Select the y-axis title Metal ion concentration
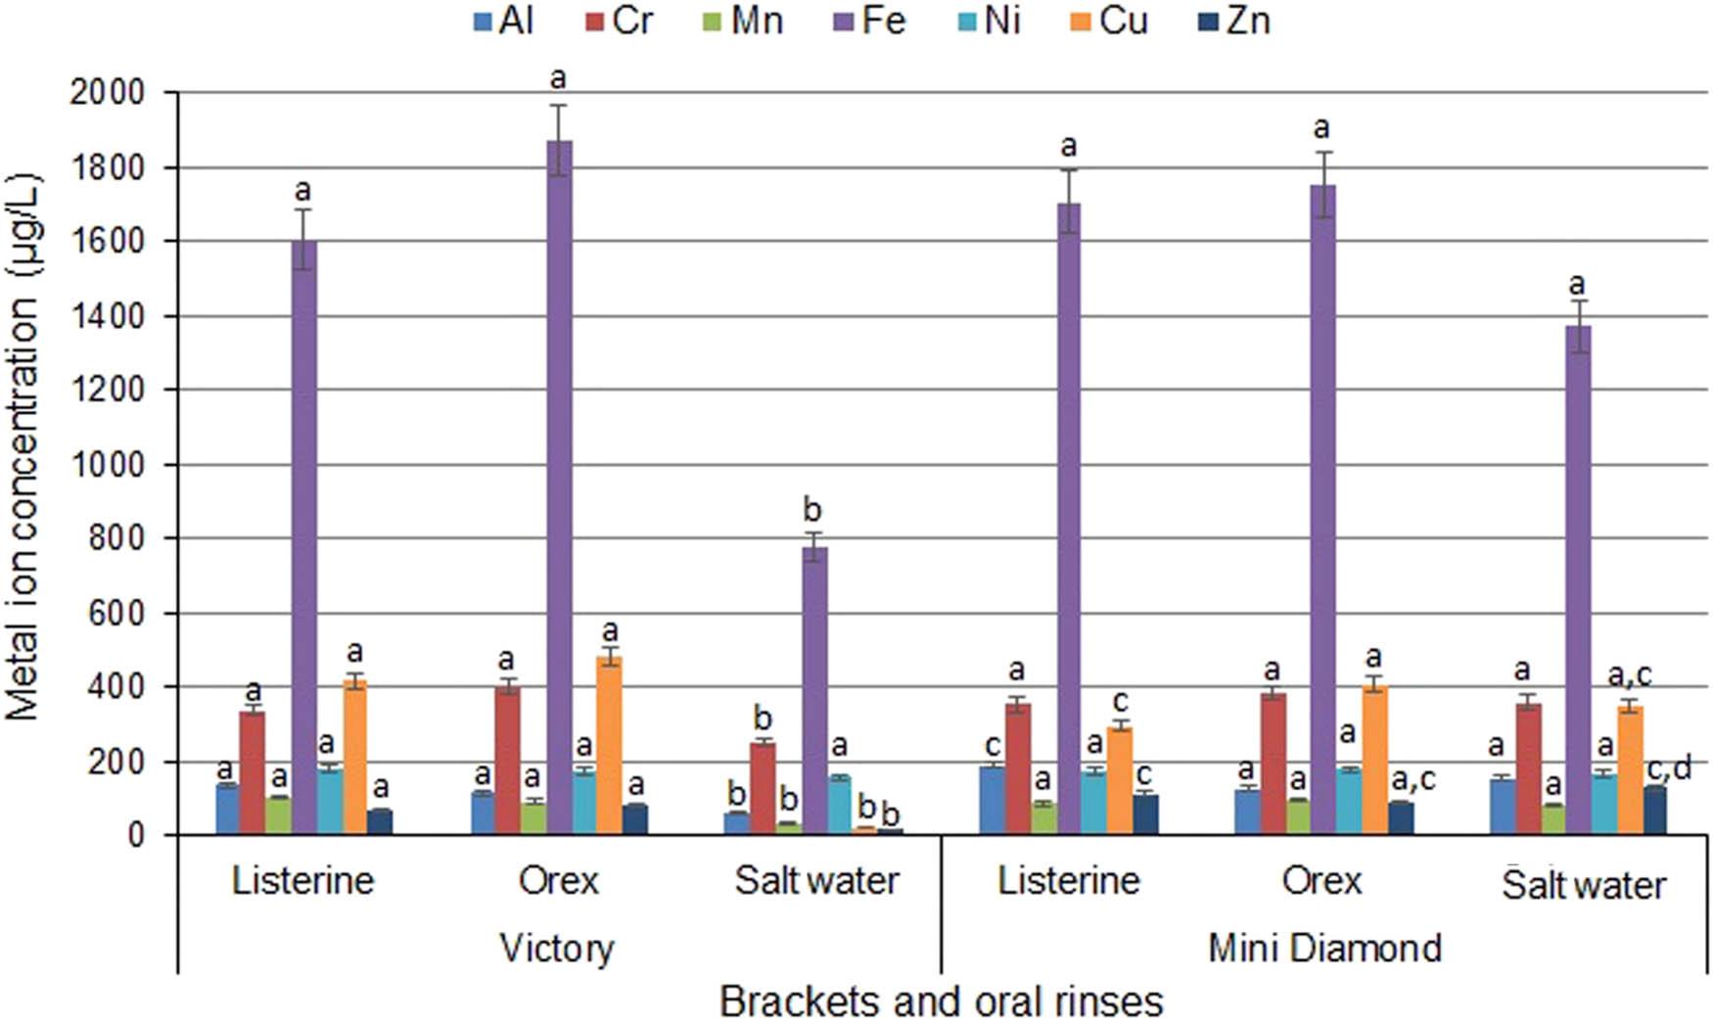(23, 446)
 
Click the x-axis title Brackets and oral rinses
(941, 1000)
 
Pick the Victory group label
(557, 948)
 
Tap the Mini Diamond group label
(1324, 948)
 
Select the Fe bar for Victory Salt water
(814, 690)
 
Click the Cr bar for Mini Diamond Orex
(1273, 764)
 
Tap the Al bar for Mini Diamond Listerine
(992, 800)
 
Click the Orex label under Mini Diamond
(1321, 881)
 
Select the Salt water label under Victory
(816, 881)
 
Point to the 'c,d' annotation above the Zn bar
(1669, 769)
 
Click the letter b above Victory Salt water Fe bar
(812, 510)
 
